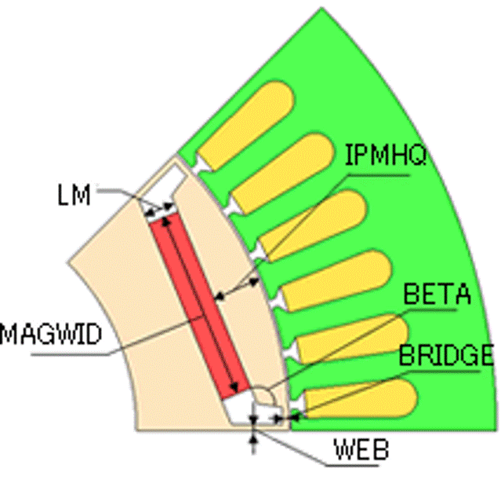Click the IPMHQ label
click(x=386, y=156)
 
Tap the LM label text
click(x=74, y=195)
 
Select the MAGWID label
click(x=51, y=334)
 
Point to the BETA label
click(x=437, y=294)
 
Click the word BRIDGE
click(x=446, y=355)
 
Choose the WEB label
click(x=361, y=449)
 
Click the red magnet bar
click(x=200, y=306)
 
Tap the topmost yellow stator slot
click(x=246, y=125)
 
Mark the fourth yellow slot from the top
click(x=336, y=280)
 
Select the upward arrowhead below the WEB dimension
click(x=253, y=440)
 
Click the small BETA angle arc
click(x=266, y=394)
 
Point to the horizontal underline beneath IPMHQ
click(x=379, y=175)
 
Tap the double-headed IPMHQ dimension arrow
click(x=237, y=289)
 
